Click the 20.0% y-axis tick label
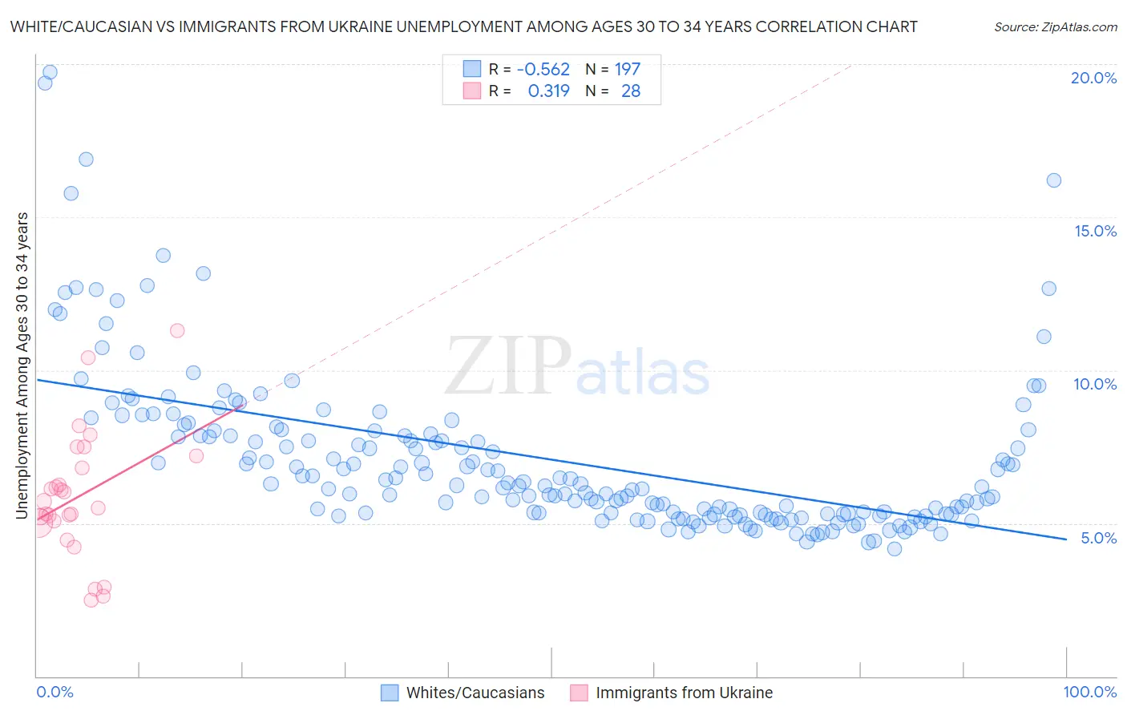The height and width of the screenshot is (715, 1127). (1093, 78)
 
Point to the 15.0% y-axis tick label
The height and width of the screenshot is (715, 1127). (1095, 231)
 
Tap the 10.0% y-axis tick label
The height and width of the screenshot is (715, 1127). (1095, 384)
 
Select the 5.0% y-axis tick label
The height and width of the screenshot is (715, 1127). (1098, 538)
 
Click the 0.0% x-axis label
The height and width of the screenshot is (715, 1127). (55, 692)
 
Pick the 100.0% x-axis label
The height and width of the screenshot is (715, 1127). (1089, 692)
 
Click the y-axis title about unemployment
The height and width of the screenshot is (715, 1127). (22, 366)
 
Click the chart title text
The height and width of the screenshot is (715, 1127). (463, 26)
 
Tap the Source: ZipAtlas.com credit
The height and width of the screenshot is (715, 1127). (1055, 26)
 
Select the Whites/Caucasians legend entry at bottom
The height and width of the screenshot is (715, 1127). (475, 693)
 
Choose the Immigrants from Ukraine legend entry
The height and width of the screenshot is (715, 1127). (684, 693)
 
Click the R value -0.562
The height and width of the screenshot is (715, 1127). (543, 70)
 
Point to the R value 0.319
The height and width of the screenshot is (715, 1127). (548, 91)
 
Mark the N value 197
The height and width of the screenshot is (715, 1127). (628, 70)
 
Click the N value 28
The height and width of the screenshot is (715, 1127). (631, 91)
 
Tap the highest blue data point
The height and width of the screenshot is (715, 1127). (50, 72)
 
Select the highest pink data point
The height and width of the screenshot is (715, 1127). (177, 330)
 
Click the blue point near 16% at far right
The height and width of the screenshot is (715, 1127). (1053, 180)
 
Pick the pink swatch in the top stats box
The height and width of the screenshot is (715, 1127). (472, 91)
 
